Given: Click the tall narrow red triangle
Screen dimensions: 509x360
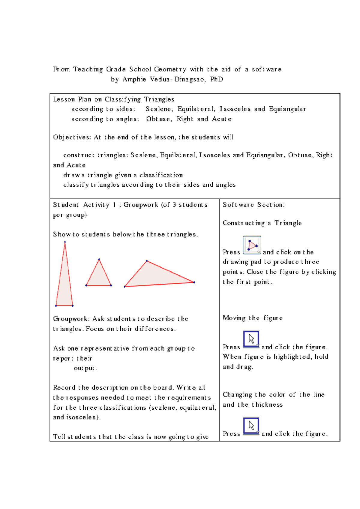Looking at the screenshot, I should (x=64, y=285).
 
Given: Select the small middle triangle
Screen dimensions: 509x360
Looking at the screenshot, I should (x=99, y=276).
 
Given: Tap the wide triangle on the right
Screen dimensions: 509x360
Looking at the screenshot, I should (x=156, y=276).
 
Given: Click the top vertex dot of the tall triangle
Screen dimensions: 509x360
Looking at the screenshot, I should (x=65, y=242).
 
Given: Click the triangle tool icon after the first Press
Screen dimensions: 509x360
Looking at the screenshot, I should (x=252, y=245).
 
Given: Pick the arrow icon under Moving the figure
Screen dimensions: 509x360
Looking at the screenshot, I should (x=251, y=339).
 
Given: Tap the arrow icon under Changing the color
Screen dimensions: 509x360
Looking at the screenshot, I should (x=251, y=426).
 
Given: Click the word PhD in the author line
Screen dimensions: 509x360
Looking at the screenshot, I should (x=217, y=80).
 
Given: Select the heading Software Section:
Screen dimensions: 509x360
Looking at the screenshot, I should (x=254, y=205).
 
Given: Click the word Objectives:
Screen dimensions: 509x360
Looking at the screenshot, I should (x=72, y=137).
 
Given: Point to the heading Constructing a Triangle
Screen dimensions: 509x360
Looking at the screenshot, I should (x=262, y=223).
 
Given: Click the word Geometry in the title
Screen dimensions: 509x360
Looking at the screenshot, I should (x=170, y=69).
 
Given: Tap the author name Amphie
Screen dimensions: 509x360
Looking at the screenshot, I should (x=134, y=80).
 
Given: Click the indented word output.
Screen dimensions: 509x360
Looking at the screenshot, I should (x=85, y=368).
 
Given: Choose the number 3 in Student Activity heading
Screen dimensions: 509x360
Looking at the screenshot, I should (x=174, y=205).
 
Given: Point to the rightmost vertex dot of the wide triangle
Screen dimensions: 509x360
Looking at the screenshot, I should (x=194, y=282).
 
